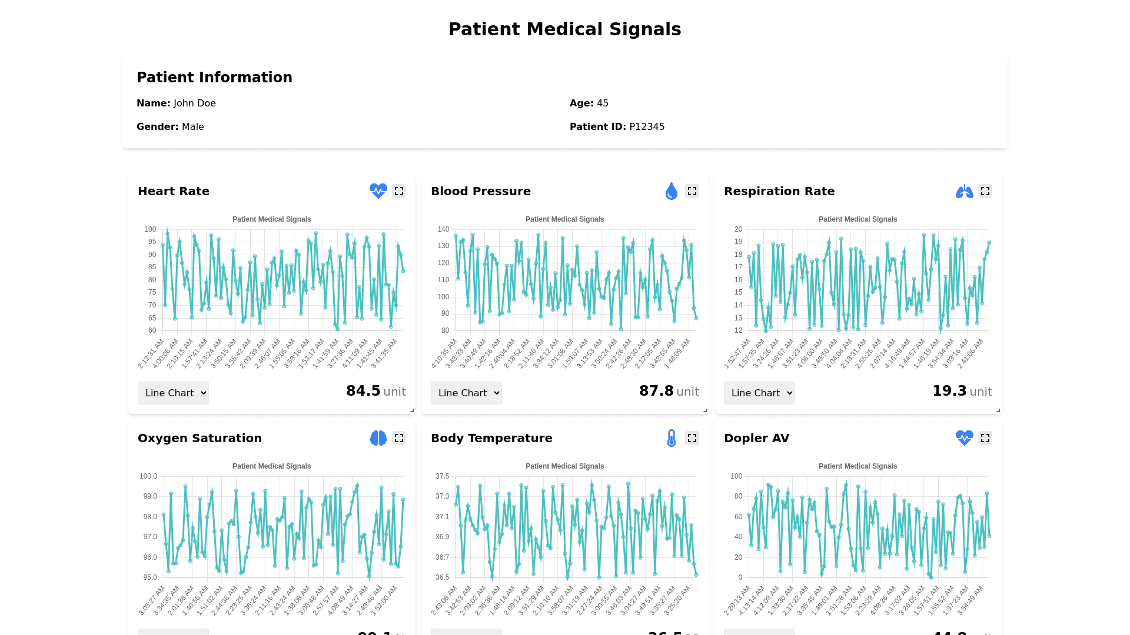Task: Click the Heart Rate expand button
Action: (x=399, y=191)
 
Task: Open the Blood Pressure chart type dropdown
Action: (x=466, y=393)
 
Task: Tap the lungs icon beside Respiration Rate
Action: (x=964, y=191)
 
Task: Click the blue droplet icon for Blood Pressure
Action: (x=671, y=191)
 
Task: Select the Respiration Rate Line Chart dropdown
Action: (x=759, y=393)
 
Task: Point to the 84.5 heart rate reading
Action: (x=363, y=391)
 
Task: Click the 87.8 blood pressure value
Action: (x=656, y=391)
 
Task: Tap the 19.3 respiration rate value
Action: (x=949, y=391)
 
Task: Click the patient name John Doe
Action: (x=195, y=103)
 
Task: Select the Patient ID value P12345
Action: (x=647, y=127)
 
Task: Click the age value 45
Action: (x=603, y=103)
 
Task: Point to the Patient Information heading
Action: (x=214, y=78)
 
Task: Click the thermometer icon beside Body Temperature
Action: (x=671, y=438)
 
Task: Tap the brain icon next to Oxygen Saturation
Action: (x=378, y=438)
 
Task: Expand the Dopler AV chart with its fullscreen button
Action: (x=985, y=438)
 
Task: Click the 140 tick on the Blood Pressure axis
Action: (x=443, y=229)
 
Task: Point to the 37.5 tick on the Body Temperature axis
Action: (x=442, y=476)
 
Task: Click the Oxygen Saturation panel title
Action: (x=200, y=438)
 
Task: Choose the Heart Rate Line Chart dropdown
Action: (x=173, y=393)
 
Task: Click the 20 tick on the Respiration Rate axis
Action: (x=738, y=229)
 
